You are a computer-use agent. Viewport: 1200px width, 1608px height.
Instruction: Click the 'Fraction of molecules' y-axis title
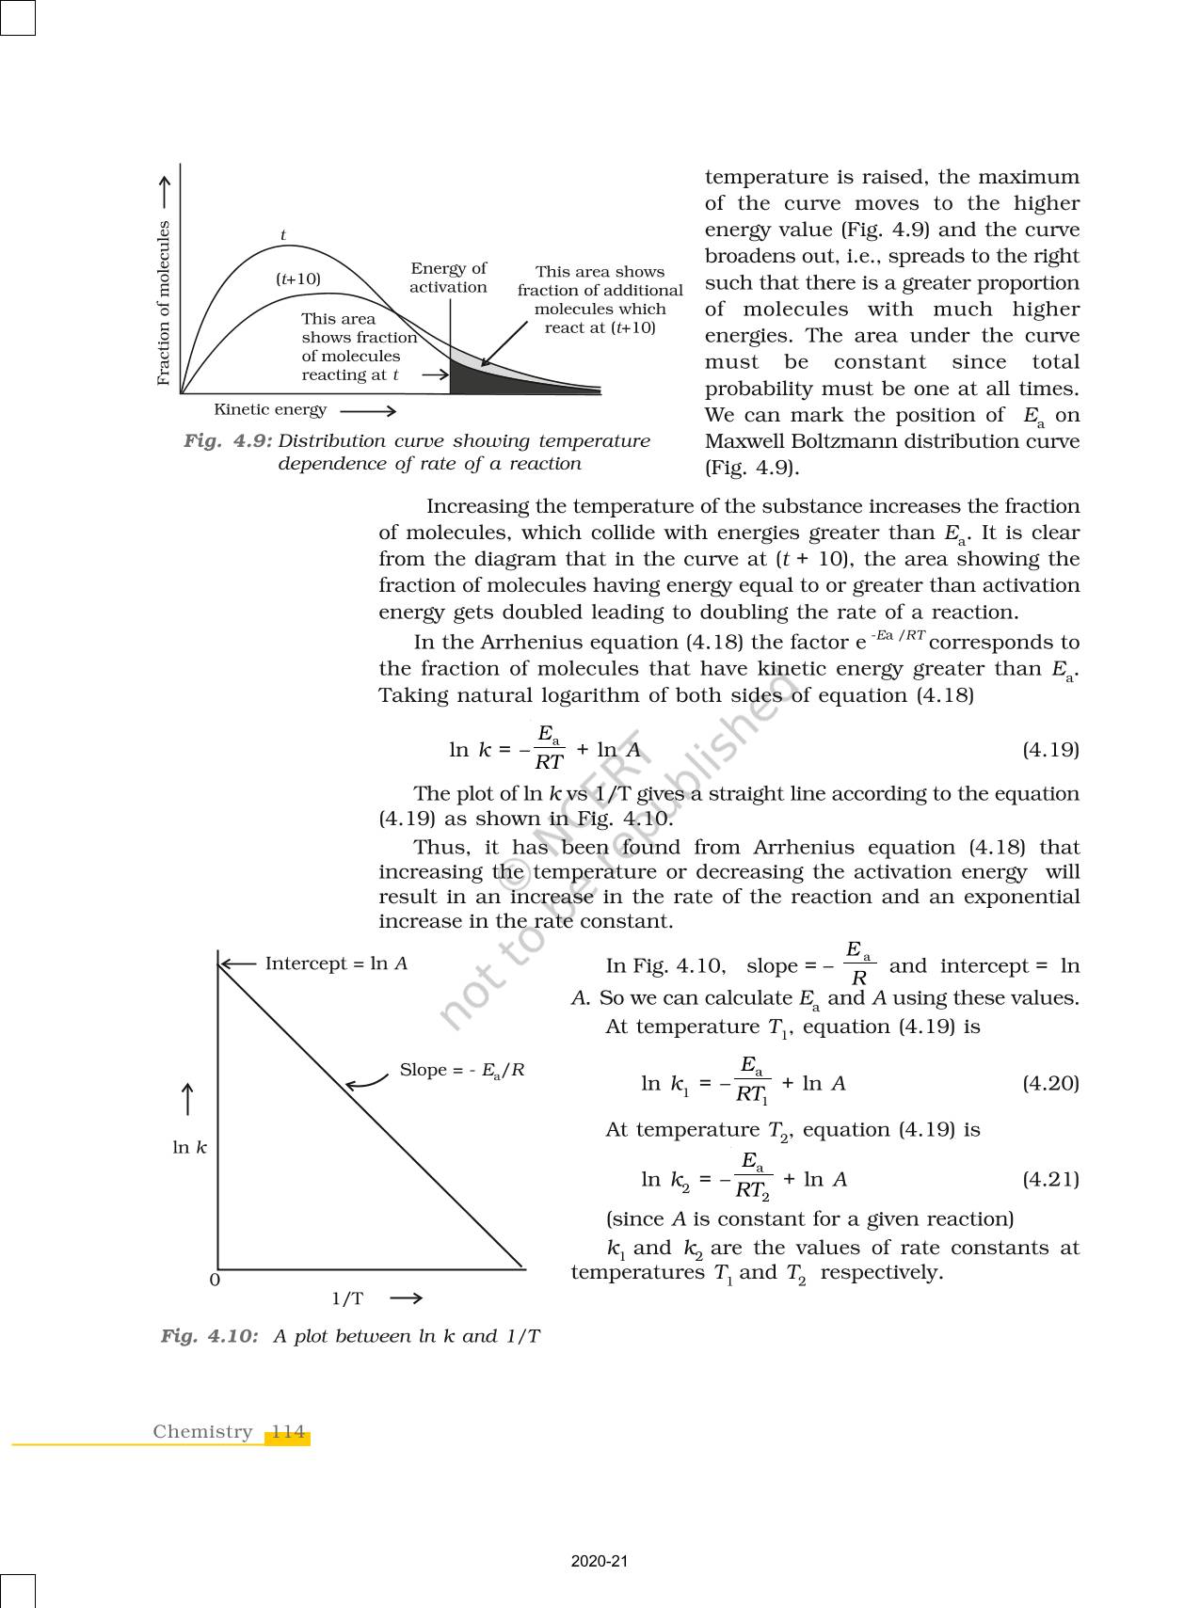(x=164, y=303)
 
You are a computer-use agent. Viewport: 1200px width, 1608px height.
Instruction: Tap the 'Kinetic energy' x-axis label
(x=270, y=409)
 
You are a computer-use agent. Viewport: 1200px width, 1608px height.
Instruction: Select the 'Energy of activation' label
(x=448, y=279)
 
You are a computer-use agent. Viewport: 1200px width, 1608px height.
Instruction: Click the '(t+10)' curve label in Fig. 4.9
(x=298, y=279)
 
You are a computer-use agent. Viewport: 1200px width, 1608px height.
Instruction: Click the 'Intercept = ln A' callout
(x=336, y=963)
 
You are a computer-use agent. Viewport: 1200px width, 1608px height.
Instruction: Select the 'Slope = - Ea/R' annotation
(x=462, y=1070)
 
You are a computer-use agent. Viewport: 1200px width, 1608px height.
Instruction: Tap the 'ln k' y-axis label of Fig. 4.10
(x=189, y=1148)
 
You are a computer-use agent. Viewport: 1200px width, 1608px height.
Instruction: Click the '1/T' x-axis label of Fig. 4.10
(x=347, y=1299)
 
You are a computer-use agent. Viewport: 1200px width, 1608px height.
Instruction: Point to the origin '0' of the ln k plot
(x=215, y=1281)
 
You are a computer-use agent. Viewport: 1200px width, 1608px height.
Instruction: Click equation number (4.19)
(x=1050, y=750)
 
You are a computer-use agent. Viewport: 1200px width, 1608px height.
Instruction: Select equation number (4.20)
(x=1050, y=1083)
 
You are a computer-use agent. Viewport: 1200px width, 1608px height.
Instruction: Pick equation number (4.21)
(x=1050, y=1179)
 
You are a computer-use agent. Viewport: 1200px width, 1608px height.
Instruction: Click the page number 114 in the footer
(x=288, y=1432)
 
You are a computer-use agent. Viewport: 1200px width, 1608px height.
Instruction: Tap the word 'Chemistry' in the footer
(x=203, y=1432)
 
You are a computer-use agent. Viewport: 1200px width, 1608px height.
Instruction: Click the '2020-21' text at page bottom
(x=600, y=1562)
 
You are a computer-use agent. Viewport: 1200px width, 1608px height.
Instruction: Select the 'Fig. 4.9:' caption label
(x=228, y=441)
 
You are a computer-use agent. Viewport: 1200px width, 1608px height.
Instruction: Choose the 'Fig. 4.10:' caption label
(x=209, y=1336)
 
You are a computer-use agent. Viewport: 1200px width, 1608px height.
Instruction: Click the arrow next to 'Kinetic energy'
(x=368, y=411)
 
